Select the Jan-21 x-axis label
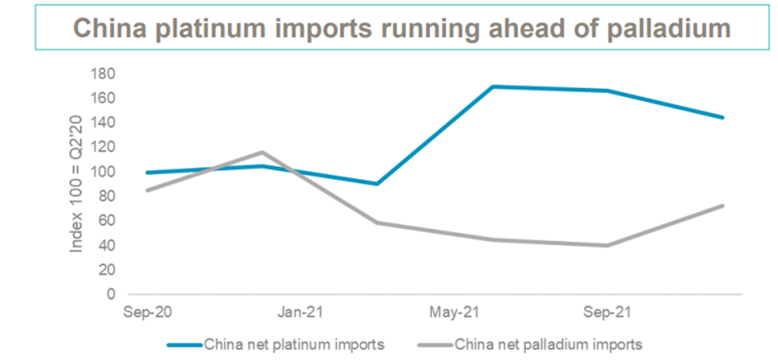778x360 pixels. [298, 313]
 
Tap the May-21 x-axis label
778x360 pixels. [454, 313]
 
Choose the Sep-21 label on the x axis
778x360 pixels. [608, 313]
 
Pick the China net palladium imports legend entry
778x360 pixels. [547, 344]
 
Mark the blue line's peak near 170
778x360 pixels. [492, 86]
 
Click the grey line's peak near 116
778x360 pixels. [262, 152]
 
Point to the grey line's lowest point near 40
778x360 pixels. [608, 245]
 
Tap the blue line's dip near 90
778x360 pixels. [376, 184]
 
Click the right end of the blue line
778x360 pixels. [723, 118]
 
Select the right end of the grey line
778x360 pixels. [723, 205]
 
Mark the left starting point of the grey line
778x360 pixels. [147, 190]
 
